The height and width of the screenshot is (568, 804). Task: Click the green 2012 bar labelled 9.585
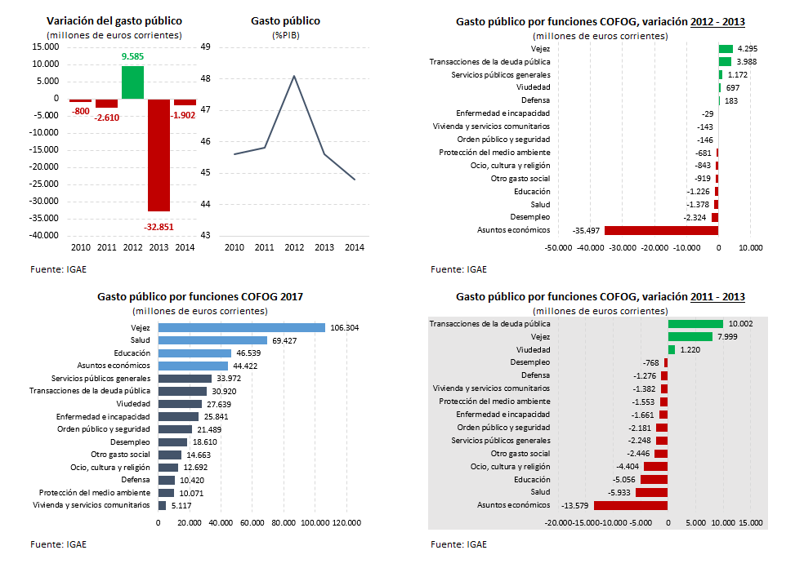click(x=132, y=82)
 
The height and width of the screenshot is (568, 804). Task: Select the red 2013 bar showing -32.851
click(x=159, y=155)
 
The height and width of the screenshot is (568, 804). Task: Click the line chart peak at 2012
click(x=293, y=76)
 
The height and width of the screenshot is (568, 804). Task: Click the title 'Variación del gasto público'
click(x=114, y=20)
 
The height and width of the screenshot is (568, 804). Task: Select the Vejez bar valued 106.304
click(x=241, y=327)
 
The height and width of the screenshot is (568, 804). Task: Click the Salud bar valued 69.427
click(x=212, y=340)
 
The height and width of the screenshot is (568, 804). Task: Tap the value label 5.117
click(x=180, y=505)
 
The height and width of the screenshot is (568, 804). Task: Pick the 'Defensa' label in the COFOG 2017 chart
click(x=135, y=479)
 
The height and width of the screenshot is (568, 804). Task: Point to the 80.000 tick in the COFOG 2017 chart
click(x=284, y=522)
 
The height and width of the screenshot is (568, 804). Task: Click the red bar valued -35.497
click(x=661, y=231)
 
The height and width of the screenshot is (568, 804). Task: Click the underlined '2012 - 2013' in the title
click(x=717, y=22)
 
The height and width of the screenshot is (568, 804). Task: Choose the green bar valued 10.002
click(x=695, y=323)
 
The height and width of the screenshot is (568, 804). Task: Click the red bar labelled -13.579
click(x=631, y=505)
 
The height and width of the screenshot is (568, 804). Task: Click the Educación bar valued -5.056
click(x=654, y=479)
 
